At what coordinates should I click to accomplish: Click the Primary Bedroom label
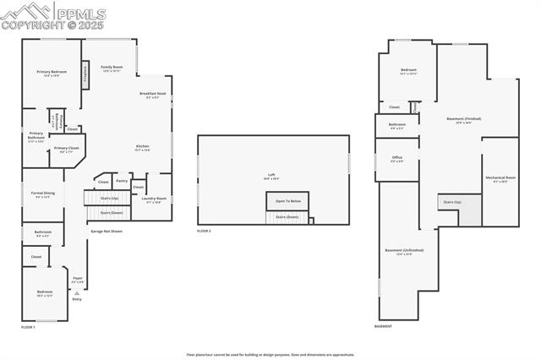[48, 73]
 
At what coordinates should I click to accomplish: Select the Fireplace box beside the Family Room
[85, 74]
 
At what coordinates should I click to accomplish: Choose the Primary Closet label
[65, 150]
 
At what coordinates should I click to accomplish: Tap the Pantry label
[122, 180]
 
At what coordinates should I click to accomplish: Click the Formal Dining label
[42, 194]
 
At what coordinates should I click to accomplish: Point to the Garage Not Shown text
[107, 231]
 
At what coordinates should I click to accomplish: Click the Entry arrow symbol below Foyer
[77, 293]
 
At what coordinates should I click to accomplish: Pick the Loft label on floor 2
[271, 176]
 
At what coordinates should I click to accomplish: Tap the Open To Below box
[287, 201]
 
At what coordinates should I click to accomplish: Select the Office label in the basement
[396, 158]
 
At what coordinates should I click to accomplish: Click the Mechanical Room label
[496, 179]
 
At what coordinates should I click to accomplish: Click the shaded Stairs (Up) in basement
[452, 202]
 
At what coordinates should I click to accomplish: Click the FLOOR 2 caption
[205, 231]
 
